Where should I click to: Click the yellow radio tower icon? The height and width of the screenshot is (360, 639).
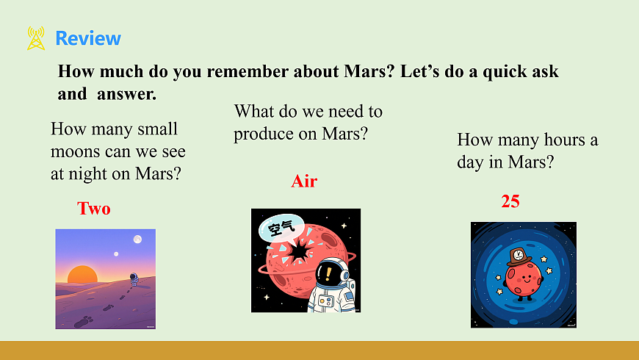[36, 38]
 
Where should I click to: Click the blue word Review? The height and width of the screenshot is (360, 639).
[88, 38]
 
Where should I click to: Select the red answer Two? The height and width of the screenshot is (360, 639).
[94, 209]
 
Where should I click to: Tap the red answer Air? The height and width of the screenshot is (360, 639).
[304, 181]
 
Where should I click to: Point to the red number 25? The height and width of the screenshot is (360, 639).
[510, 201]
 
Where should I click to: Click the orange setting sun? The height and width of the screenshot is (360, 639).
[82, 274]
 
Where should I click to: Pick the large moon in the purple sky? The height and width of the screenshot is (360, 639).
[138, 240]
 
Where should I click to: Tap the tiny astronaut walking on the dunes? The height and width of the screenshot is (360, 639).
[134, 279]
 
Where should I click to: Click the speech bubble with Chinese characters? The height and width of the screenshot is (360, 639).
[281, 228]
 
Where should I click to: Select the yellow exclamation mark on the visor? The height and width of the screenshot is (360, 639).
[328, 273]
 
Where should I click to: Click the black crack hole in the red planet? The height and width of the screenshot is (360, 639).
[300, 251]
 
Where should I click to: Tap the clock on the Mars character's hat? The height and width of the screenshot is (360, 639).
[519, 255]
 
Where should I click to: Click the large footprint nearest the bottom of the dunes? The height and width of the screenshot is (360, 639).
[84, 322]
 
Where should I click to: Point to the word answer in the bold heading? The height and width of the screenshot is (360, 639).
[127, 94]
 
